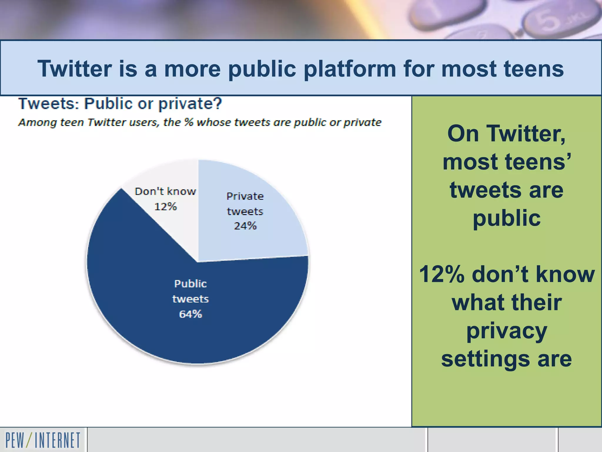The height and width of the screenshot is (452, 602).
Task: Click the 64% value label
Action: pyautogui.click(x=190, y=314)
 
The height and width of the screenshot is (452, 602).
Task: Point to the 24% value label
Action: pyautogui.click(x=245, y=226)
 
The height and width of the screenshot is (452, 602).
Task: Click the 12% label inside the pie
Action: pyautogui.click(x=165, y=207)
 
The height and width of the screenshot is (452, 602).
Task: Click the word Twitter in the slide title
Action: pyautogui.click(x=75, y=69)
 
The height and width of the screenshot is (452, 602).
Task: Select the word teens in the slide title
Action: pyautogui.click(x=534, y=69)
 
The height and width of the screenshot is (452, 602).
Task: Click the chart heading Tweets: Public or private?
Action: pyautogui.click(x=120, y=104)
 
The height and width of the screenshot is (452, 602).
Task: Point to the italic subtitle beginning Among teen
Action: pyautogui.click(x=200, y=122)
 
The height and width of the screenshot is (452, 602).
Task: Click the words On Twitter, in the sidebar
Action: pyautogui.click(x=506, y=134)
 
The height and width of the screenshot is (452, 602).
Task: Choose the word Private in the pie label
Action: pyautogui.click(x=245, y=196)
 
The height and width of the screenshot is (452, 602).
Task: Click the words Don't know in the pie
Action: pyautogui.click(x=165, y=192)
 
